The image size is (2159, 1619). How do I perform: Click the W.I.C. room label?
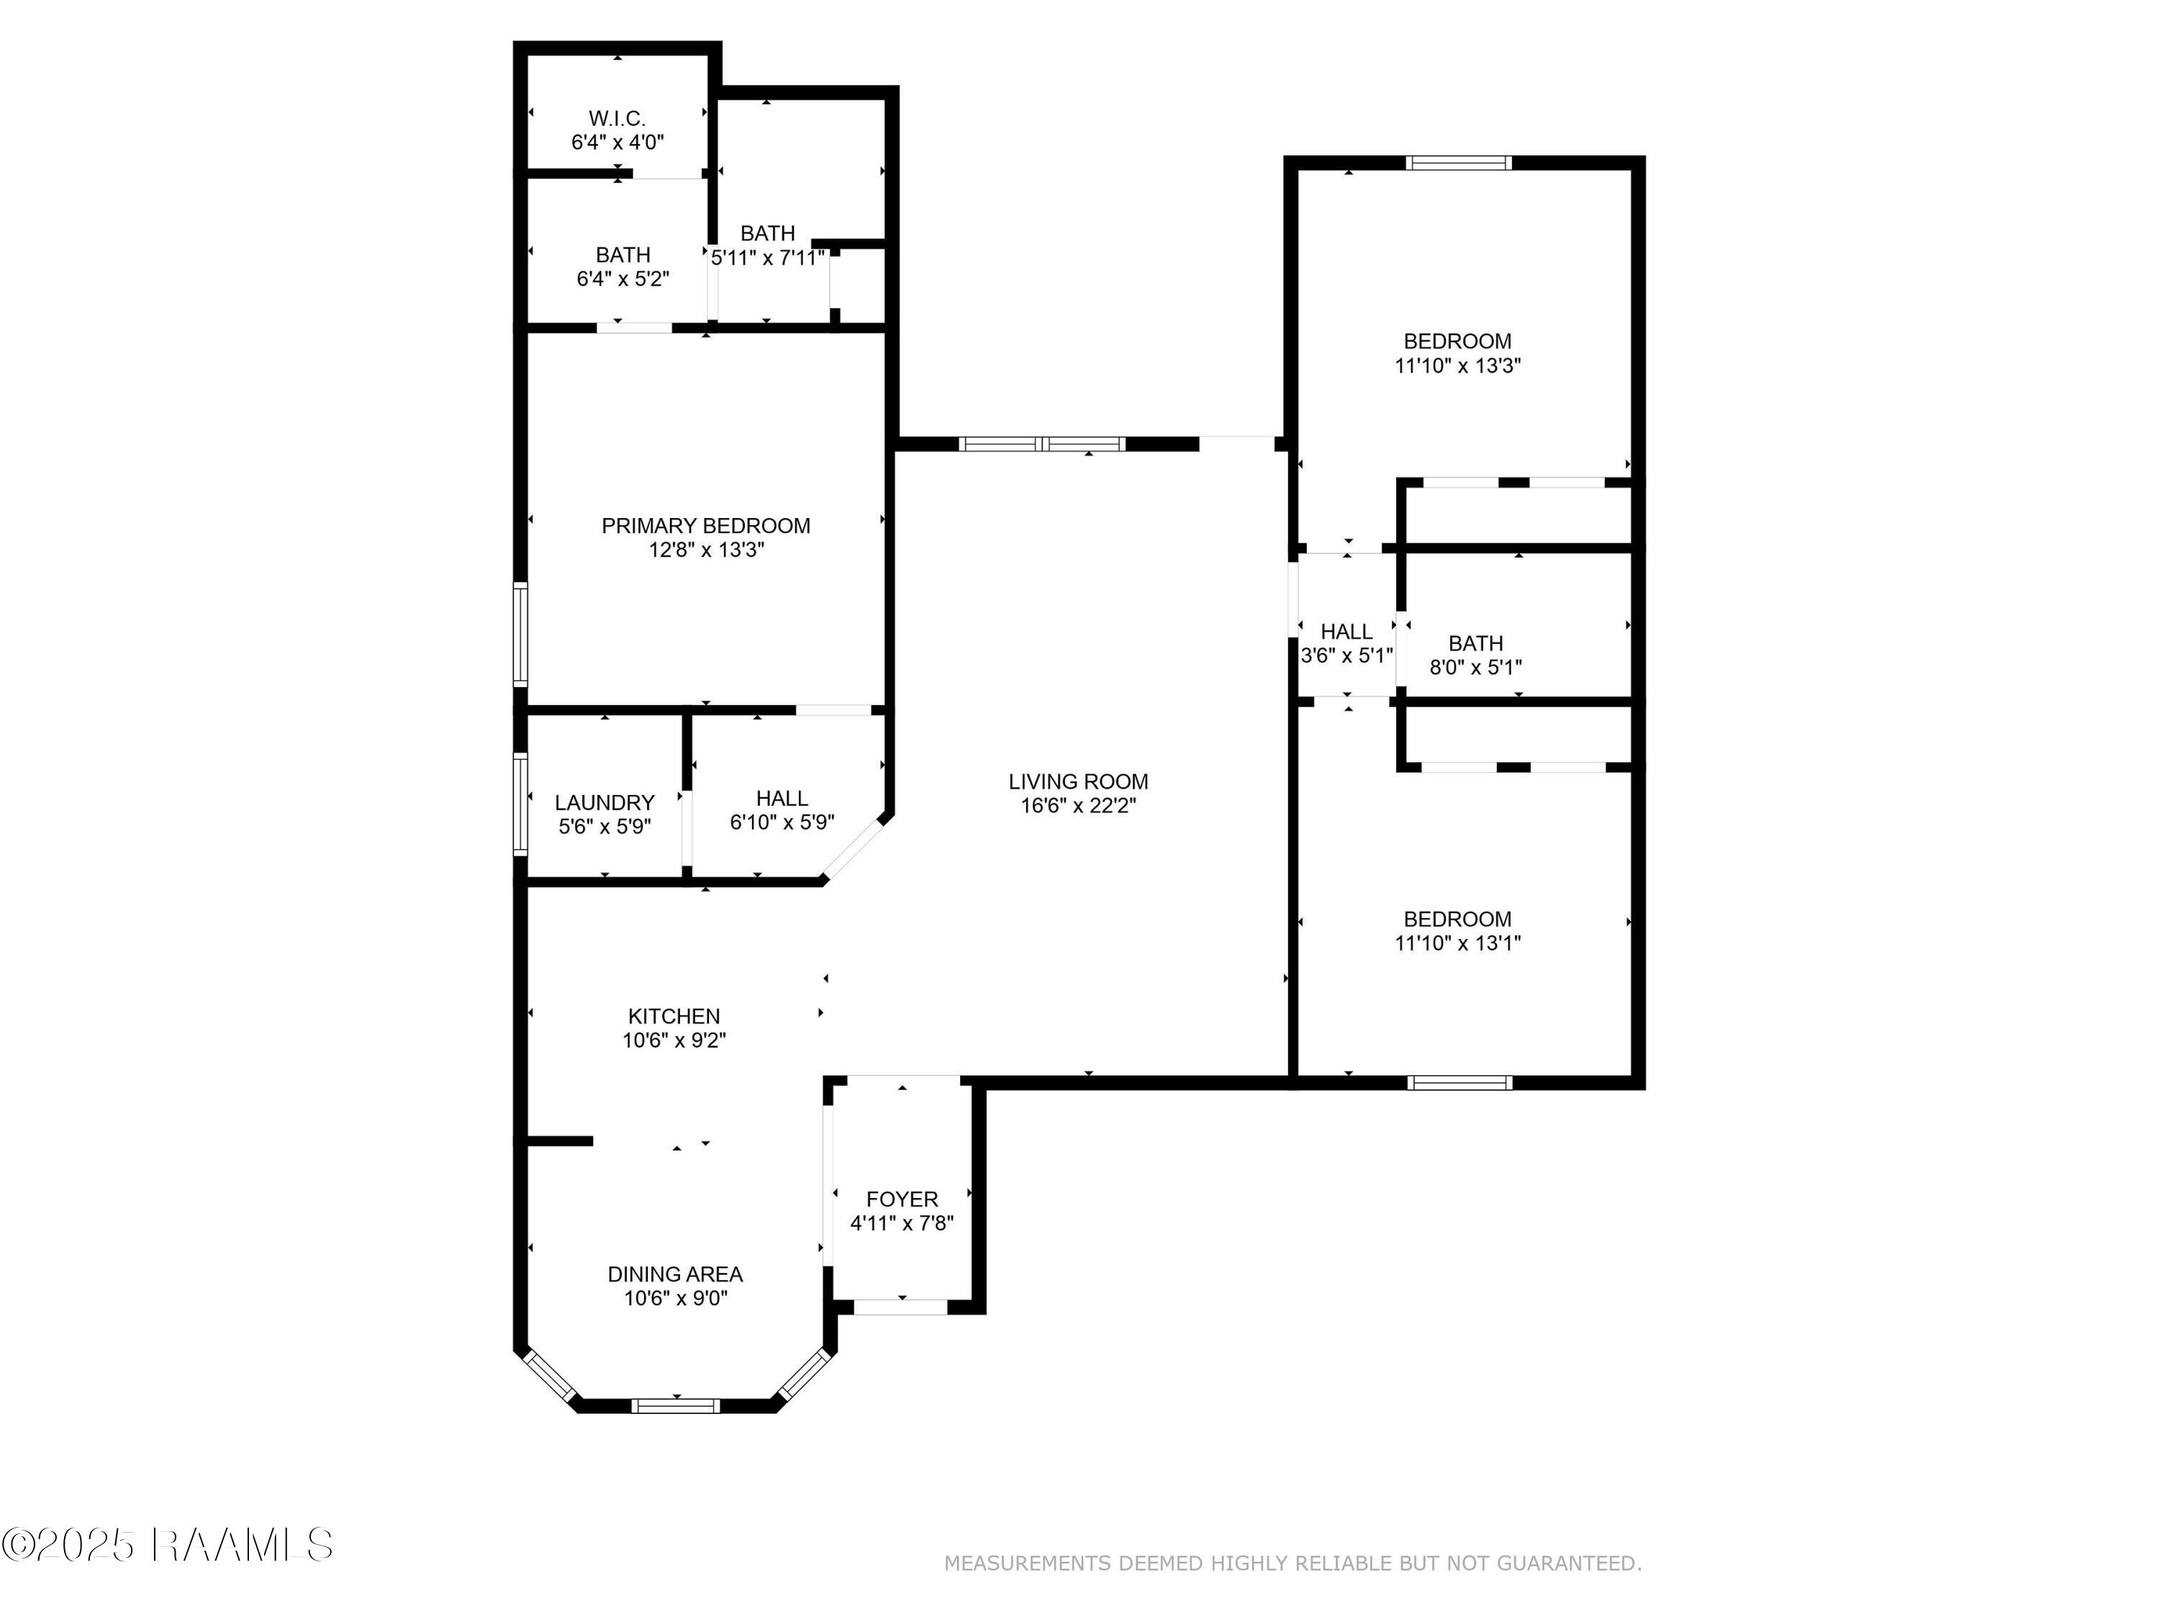click(x=617, y=119)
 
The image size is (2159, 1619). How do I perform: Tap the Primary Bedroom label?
click(x=706, y=526)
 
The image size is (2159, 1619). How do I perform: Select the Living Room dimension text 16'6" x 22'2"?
click(x=1079, y=806)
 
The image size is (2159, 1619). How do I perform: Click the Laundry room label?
click(x=605, y=802)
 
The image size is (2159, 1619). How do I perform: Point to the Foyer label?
click(x=902, y=1199)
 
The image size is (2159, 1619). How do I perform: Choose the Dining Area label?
click(x=676, y=1274)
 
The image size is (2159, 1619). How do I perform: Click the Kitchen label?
click(x=674, y=1016)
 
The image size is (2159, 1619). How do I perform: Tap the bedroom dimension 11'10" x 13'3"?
click(x=1458, y=366)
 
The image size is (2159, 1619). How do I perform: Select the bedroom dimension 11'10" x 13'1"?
click(x=1458, y=943)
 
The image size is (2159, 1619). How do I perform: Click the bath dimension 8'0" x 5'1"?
click(x=1476, y=668)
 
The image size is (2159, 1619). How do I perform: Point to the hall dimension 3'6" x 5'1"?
click(x=1347, y=656)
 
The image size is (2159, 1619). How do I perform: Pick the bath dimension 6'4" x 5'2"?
click(x=623, y=279)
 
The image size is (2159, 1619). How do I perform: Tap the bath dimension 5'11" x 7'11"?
click(x=768, y=258)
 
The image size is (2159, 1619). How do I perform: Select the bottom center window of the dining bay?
click(x=676, y=1406)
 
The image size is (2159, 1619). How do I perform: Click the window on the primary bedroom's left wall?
click(x=521, y=635)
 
